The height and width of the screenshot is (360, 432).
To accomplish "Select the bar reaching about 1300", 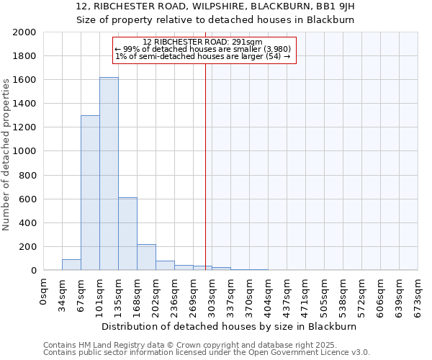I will click(x=90, y=193).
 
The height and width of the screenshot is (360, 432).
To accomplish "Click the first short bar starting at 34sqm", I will click(x=71, y=264).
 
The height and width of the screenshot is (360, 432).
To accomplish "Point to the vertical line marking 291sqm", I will click(x=205, y=166).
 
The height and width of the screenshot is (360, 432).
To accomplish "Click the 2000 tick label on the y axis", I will click(x=24, y=32).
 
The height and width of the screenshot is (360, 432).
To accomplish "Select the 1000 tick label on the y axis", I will click(x=24, y=152).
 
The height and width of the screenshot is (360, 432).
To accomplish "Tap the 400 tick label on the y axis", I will click(x=27, y=223).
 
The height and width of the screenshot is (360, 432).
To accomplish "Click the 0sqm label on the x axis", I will click(x=44, y=289).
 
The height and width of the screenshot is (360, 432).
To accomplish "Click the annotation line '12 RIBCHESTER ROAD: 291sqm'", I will click(x=202, y=42).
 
